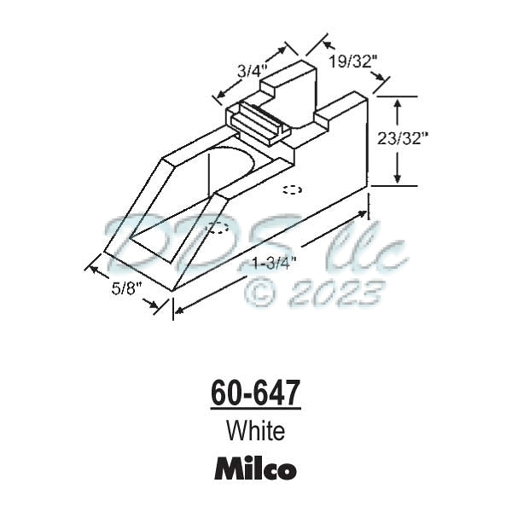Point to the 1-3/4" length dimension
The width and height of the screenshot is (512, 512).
[x=272, y=263]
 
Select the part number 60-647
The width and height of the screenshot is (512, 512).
[x=255, y=394]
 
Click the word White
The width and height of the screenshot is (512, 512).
[x=255, y=431]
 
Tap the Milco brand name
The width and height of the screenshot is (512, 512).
[x=255, y=468]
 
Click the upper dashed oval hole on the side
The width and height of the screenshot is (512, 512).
[x=292, y=190]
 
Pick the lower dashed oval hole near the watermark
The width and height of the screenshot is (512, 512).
[x=218, y=228]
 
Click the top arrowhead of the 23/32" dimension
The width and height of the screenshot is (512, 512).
[x=397, y=102]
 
